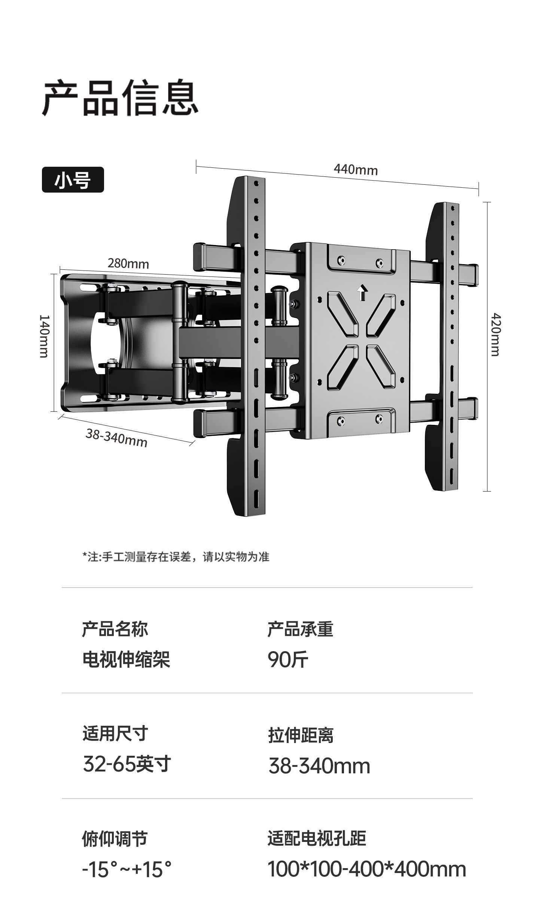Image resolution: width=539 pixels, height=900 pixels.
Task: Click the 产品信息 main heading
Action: coord(120,98)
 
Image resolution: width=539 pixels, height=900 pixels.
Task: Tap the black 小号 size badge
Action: coord(73,180)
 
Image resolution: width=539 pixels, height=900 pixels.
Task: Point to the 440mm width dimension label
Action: coord(356,170)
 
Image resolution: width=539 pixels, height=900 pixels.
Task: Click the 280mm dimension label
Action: coord(128,264)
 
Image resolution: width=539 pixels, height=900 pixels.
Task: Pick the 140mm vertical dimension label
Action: coord(44,336)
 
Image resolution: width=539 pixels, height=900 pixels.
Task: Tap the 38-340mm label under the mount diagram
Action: coord(116,438)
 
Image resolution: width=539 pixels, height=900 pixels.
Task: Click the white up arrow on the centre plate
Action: coord(362,293)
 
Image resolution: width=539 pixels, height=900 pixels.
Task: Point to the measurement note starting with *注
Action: coord(176,557)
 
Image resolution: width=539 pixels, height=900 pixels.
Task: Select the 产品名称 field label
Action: coord(115,629)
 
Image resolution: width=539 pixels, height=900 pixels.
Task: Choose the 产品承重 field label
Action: coord(300,629)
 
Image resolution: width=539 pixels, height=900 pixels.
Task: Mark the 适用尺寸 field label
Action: coord(115,733)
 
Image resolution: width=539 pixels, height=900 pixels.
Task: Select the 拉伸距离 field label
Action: coord(300,734)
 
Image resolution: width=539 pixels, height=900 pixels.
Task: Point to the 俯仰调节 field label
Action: coord(115,839)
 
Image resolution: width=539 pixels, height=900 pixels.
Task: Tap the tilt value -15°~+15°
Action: coord(127,869)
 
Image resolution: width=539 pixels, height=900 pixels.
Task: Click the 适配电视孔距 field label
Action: coord(317,839)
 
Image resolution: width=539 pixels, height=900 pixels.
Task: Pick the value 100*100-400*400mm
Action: coord(366,869)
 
